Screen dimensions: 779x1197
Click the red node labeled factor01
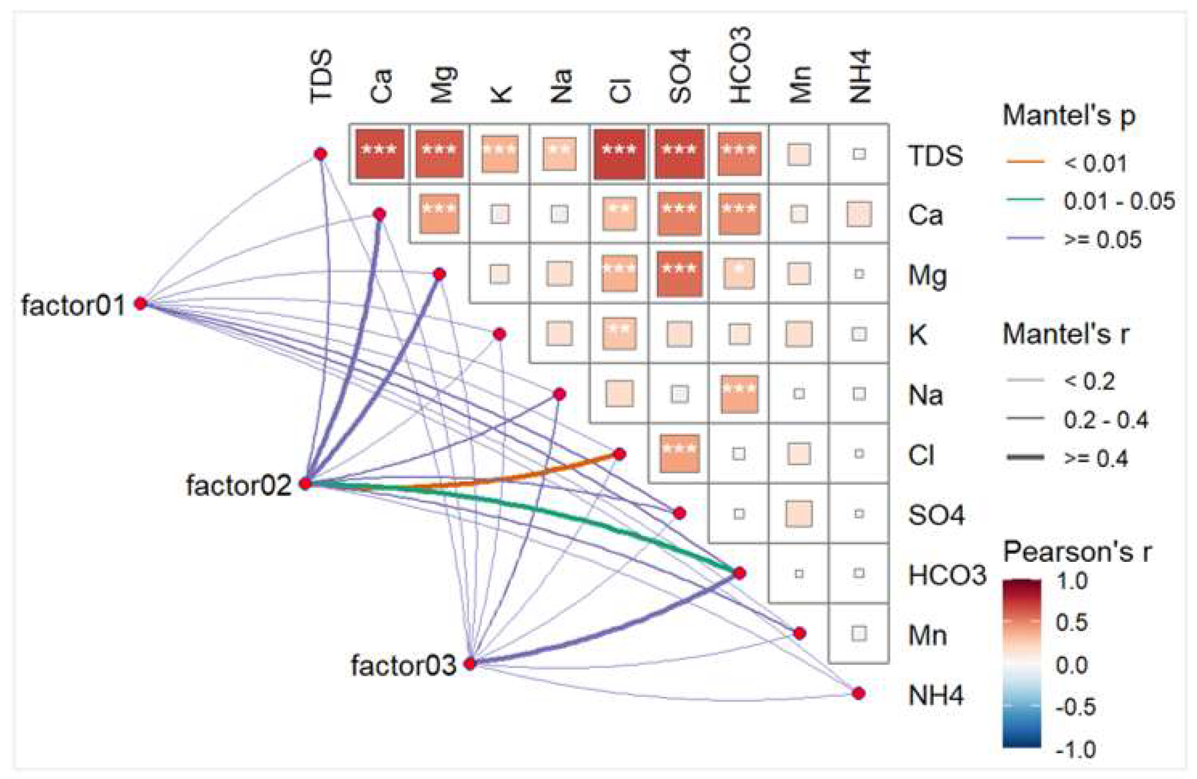(x=140, y=303)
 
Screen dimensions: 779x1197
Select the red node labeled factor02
(x=306, y=484)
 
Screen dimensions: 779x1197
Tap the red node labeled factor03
(x=470, y=664)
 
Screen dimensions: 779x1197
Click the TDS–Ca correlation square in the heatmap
(x=380, y=154)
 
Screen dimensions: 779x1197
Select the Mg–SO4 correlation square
(x=679, y=274)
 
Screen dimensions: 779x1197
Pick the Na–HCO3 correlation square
(x=739, y=394)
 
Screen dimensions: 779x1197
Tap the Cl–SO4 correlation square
(x=679, y=454)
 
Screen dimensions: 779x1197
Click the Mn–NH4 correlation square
(x=859, y=634)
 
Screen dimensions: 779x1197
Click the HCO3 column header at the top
(x=740, y=66)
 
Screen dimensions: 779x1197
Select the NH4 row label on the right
(x=935, y=695)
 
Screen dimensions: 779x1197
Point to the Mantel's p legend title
(x=1068, y=116)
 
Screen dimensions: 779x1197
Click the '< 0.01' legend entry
(x=1095, y=164)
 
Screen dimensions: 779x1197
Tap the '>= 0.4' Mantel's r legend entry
(x=1095, y=458)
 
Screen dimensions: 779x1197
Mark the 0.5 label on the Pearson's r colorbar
(x=1072, y=622)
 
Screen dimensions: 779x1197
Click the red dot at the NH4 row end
(x=859, y=693)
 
